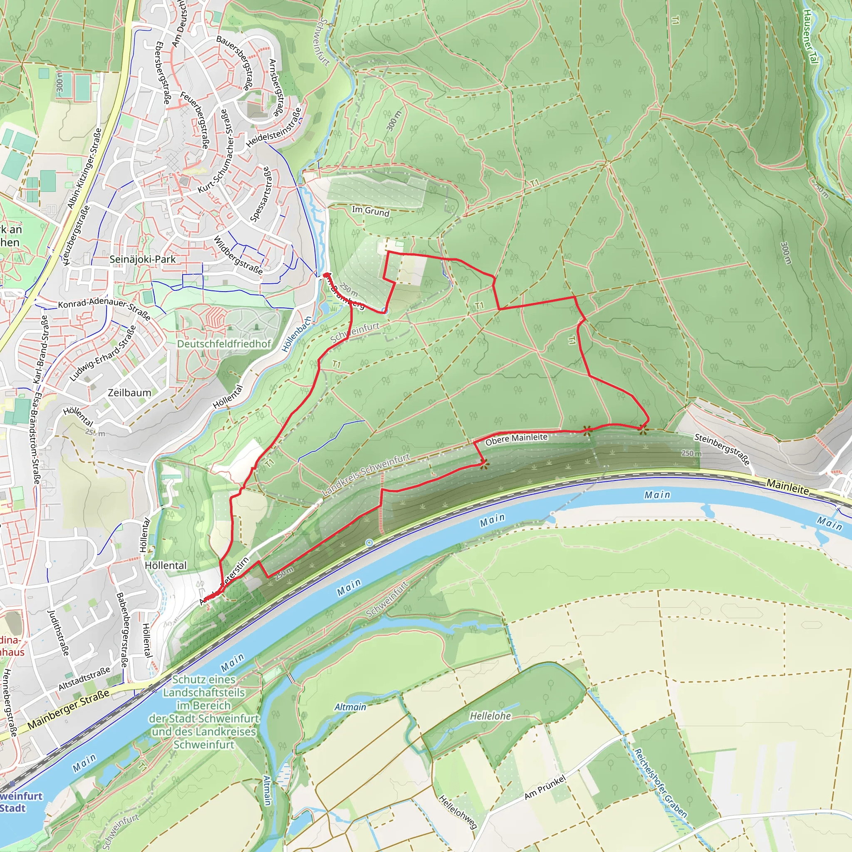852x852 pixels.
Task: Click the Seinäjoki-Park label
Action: click(142, 259)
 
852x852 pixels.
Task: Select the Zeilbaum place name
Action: click(129, 392)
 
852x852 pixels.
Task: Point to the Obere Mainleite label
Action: click(516, 439)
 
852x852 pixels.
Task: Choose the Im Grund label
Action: click(370, 211)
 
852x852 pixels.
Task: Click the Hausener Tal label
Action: click(810, 36)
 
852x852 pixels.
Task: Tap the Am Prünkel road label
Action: click(545, 788)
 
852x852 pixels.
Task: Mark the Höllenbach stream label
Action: click(297, 334)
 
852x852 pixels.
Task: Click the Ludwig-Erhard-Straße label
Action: click(103, 354)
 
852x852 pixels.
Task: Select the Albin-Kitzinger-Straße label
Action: click(84, 168)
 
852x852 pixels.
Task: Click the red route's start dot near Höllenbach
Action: click(325, 275)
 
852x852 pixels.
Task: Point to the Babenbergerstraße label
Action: click(122, 630)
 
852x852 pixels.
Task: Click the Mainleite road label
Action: click(787, 487)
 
